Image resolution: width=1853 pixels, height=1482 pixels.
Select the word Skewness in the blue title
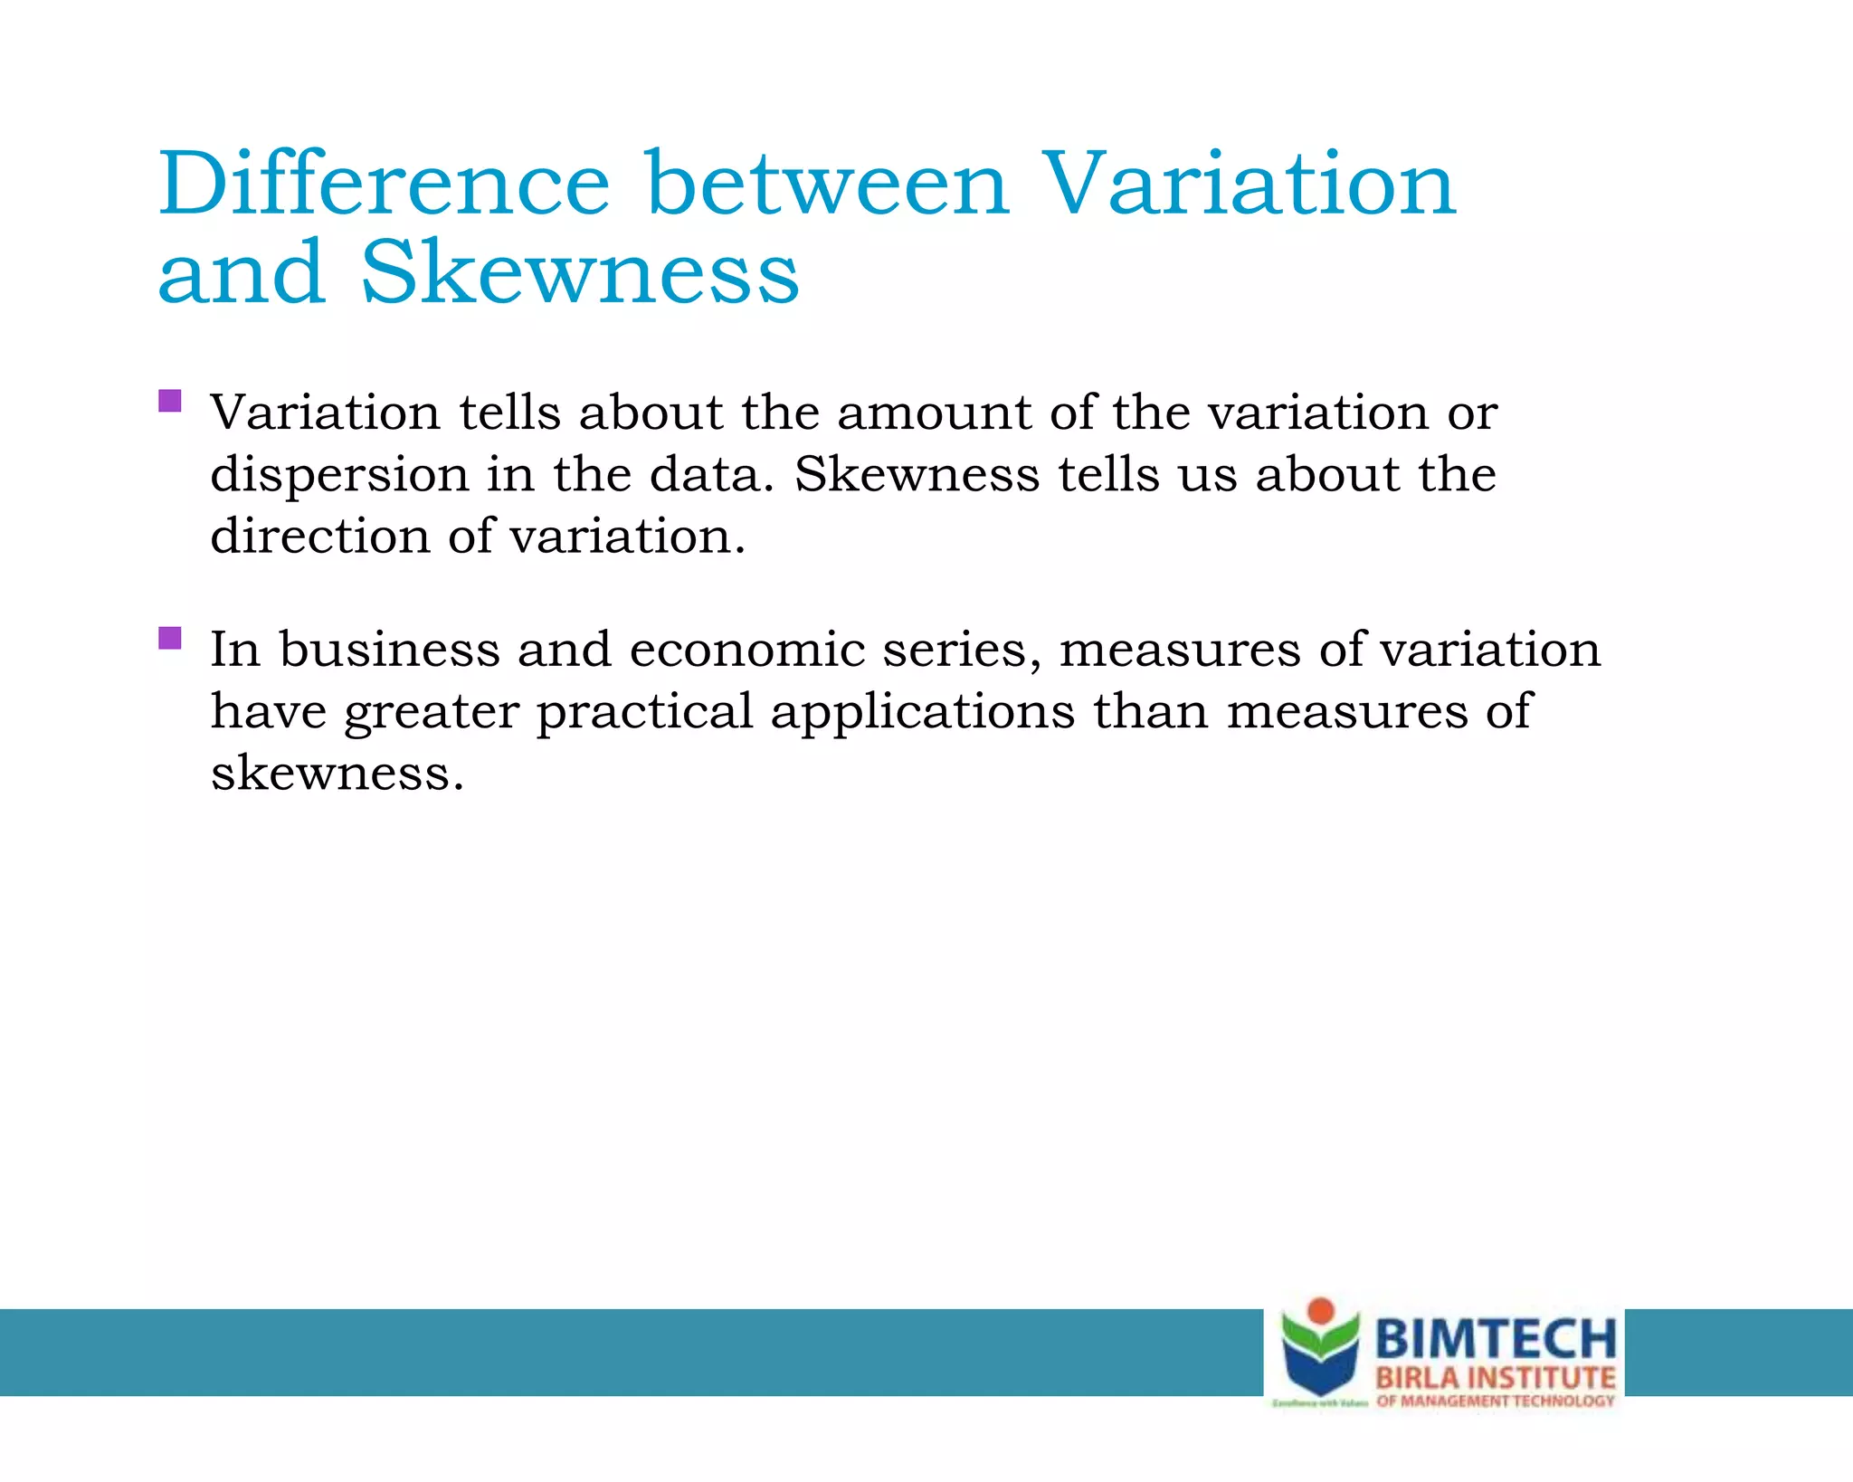580,272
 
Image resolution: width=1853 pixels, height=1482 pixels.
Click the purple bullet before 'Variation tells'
170,401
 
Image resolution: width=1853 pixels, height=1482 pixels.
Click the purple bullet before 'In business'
170,638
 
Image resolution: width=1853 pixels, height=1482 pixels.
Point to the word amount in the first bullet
934,413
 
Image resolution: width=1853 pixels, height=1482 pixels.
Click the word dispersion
339,476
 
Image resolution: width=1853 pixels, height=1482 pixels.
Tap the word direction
319,536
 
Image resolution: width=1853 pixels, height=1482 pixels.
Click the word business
389,650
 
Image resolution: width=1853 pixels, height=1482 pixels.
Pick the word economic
747,650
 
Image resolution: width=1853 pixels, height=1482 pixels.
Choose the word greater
432,712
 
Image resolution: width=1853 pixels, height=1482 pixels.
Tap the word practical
644,712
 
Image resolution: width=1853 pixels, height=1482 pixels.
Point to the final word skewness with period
337,774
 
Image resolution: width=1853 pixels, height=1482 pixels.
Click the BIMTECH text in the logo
1496,1338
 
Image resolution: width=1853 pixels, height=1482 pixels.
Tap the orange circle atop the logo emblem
1321,1310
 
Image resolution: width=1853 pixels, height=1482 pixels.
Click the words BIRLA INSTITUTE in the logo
1496,1379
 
